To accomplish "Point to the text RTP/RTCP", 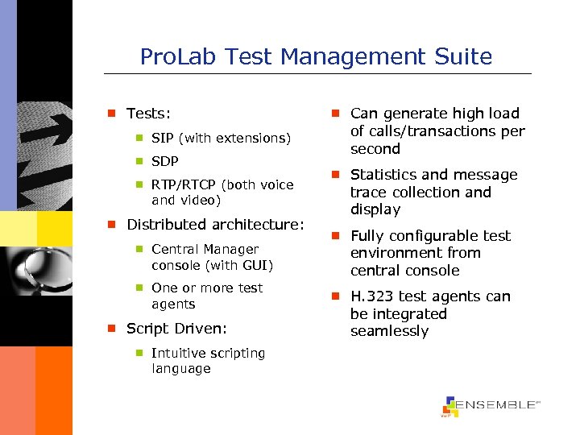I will (x=184, y=184).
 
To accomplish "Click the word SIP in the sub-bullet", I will (x=163, y=138).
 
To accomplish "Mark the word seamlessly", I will (x=389, y=331).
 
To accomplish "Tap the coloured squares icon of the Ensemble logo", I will (x=449, y=407).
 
